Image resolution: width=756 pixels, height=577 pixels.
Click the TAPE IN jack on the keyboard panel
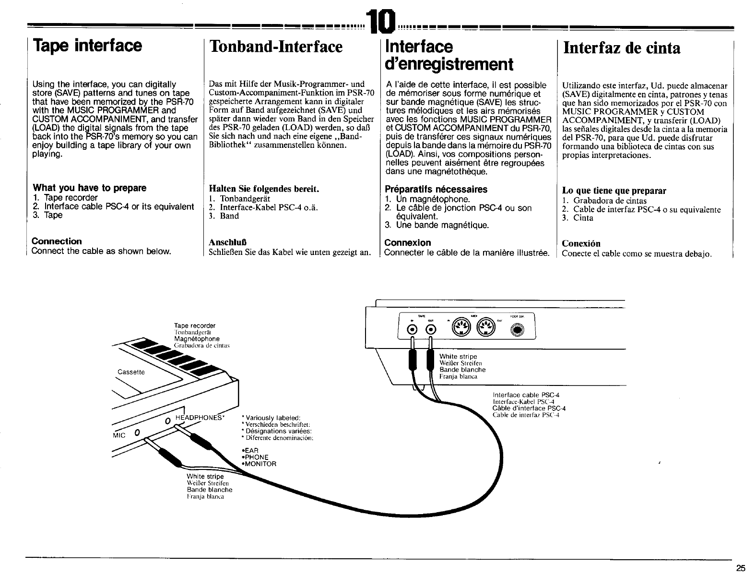[x=412, y=329]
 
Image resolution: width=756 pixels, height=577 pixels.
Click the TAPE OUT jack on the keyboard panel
[x=430, y=329]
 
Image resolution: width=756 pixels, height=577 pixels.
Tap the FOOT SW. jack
[x=519, y=330]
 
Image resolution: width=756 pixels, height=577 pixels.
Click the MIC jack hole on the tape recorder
[x=137, y=433]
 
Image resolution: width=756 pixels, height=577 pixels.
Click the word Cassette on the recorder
[x=131, y=373]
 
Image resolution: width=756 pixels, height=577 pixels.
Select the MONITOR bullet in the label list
[x=260, y=464]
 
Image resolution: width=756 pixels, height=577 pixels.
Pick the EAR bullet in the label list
[x=252, y=450]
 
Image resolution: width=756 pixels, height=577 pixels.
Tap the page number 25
[x=741, y=568]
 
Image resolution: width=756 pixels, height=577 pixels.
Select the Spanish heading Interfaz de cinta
[x=622, y=48]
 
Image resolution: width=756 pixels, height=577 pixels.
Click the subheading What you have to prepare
[x=89, y=188]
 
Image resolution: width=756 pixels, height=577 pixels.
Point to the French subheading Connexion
[x=408, y=243]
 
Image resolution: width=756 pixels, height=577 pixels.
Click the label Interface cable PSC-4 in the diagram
[x=526, y=395]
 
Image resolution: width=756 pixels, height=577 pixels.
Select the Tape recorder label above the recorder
[x=195, y=325]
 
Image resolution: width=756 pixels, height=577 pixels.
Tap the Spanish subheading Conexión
[x=581, y=243]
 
